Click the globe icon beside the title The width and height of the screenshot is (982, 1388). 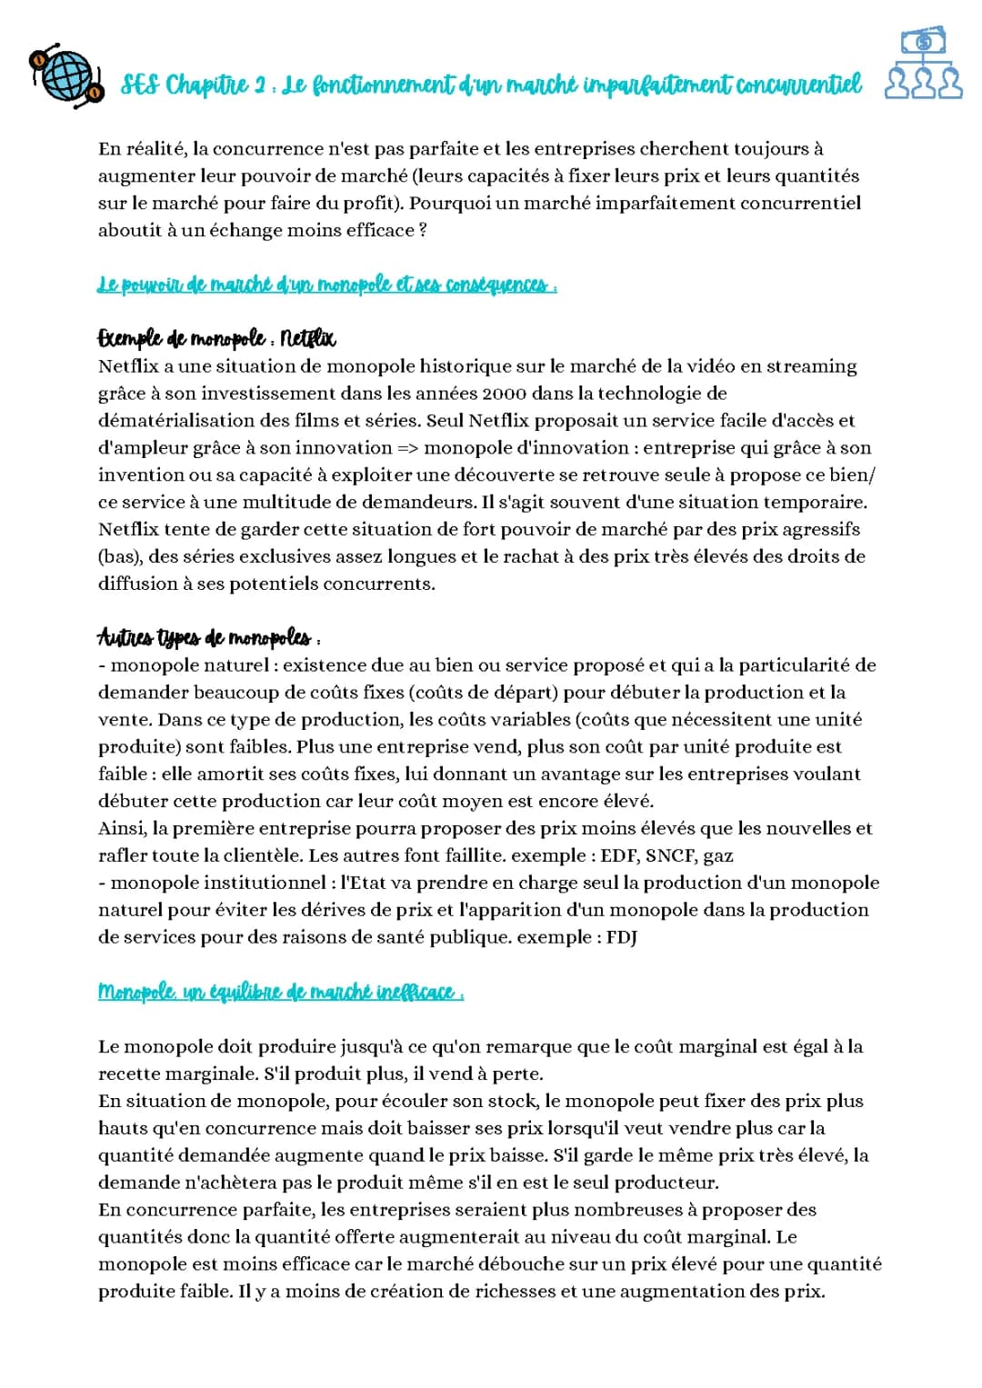(65, 75)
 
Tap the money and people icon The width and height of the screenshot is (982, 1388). (923, 64)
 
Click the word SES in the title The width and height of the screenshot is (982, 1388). (140, 85)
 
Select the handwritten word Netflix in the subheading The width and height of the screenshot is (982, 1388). (308, 339)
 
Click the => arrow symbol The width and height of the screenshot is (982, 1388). (406, 448)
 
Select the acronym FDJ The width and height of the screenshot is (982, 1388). (622, 937)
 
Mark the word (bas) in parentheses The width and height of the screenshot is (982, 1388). (118, 556)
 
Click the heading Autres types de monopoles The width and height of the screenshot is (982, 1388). (204, 637)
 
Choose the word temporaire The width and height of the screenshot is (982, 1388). (817, 502)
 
